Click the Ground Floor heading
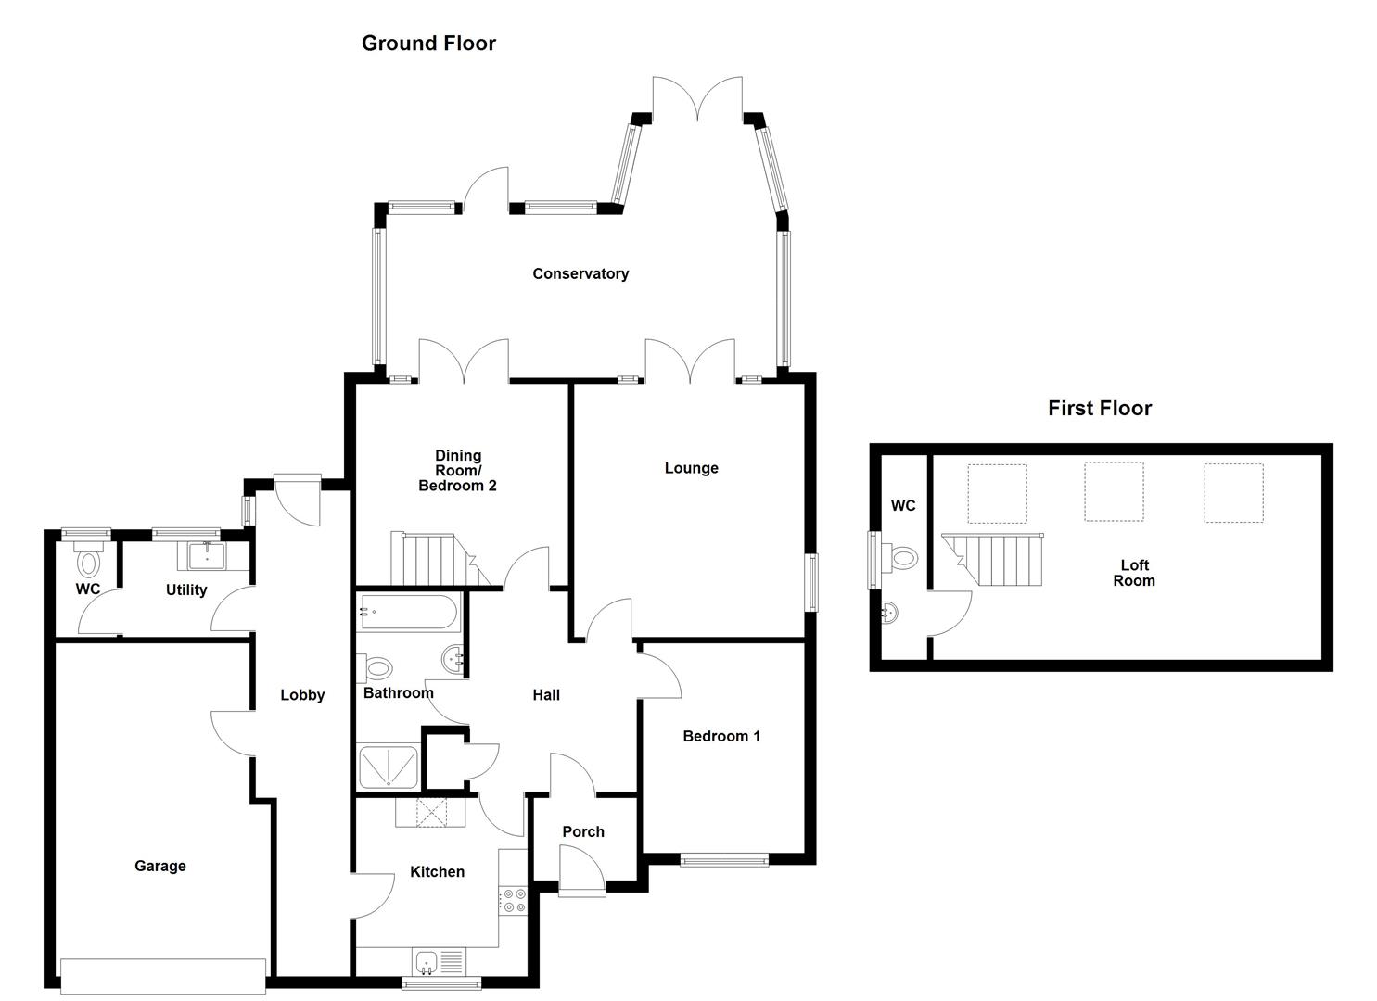click(x=428, y=44)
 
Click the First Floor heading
click(x=1100, y=409)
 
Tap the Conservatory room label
click(x=580, y=273)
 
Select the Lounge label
click(x=691, y=468)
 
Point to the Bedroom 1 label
click(x=721, y=737)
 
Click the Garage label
click(x=160, y=866)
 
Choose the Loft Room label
click(x=1134, y=573)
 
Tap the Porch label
click(x=583, y=831)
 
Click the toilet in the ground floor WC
click(x=90, y=561)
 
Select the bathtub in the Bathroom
click(x=408, y=612)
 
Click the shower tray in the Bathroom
click(x=389, y=767)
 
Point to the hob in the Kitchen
click(x=513, y=900)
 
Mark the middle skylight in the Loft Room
click(x=1114, y=492)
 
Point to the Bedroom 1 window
click(x=724, y=860)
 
